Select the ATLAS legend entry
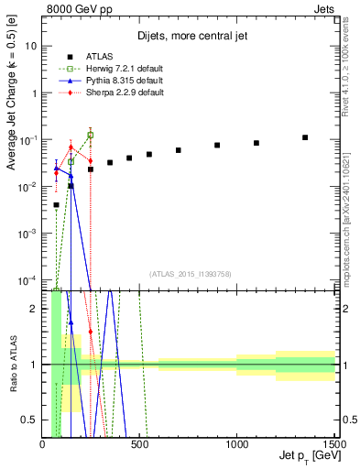point(89,57)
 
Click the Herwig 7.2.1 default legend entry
point(106,69)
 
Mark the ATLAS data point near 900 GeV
point(217,145)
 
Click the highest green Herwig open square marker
point(90,135)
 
